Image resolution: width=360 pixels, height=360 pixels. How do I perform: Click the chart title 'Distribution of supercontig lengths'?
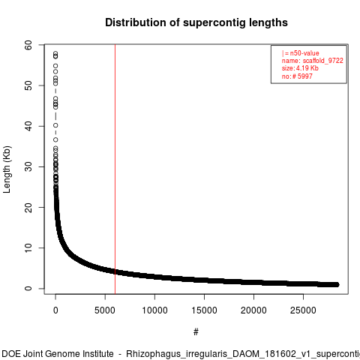[196, 22]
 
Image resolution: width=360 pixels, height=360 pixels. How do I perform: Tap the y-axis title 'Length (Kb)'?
[7, 169]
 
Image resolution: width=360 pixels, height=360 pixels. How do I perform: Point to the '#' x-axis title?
[196, 332]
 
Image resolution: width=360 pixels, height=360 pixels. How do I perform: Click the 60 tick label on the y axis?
[28, 45]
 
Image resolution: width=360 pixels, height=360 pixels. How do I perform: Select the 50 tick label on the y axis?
[28, 85]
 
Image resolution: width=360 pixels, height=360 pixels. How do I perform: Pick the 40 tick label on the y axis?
[28, 126]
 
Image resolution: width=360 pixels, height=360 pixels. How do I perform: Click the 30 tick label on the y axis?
[28, 166]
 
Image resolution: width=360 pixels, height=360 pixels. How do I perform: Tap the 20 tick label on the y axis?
[28, 207]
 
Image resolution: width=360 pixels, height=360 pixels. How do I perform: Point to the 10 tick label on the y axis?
[28, 248]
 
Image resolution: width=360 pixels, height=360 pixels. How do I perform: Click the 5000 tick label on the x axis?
[105, 310]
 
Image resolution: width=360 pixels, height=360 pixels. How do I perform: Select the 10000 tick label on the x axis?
[154, 310]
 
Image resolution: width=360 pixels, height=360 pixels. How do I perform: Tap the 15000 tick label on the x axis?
[204, 310]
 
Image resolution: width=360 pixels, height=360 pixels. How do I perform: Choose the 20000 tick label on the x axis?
[253, 310]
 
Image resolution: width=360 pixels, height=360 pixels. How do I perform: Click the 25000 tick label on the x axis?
[303, 310]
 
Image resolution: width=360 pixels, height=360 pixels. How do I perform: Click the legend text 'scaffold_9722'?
[323, 61]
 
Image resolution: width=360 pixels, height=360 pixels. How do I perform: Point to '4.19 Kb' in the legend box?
[307, 68]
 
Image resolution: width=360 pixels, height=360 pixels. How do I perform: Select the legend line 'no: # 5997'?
[297, 76]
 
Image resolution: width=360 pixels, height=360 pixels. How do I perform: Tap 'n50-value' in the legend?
[304, 53]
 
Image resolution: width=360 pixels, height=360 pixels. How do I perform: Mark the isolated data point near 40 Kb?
[55, 125]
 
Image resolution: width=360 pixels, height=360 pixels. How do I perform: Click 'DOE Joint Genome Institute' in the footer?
[58, 354]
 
